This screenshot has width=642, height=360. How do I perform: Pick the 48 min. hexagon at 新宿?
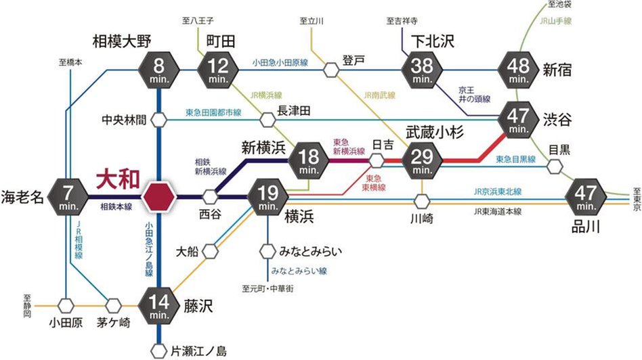coord(518,70)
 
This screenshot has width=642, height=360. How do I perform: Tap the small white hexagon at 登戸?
coord(331,69)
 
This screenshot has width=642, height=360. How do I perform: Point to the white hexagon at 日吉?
coord(377,161)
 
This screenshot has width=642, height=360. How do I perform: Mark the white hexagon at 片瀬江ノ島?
coord(158,351)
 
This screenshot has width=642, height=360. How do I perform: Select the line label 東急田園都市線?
coord(213,113)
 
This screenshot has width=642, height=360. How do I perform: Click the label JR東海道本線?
coord(498,211)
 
